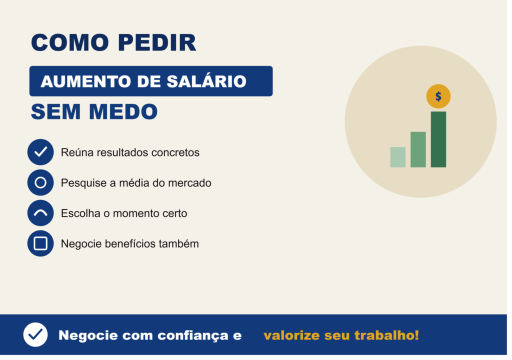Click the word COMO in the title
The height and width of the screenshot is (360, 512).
pyautogui.click(x=70, y=42)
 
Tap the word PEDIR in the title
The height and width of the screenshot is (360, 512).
pyautogui.click(x=157, y=42)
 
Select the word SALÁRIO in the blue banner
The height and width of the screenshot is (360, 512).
pyautogui.click(x=206, y=81)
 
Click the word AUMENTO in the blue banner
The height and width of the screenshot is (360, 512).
pyautogui.click(x=86, y=81)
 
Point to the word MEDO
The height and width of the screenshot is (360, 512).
pyautogui.click(x=123, y=111)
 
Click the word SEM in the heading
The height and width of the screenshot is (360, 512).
pyautogui.click(x=55, y=111)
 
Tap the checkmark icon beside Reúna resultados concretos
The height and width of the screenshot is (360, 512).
pyautogui.click(x=40, y=152)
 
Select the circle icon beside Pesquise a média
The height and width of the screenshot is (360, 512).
pyautogui.click(x=40, y=182)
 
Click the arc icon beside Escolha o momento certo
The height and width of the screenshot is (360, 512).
pyautogui.click(x=40, y=212)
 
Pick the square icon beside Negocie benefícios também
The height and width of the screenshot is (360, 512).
pyautogui.click(x=40, y=243)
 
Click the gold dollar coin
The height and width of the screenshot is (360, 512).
pyautogui.click(x=438, y=96)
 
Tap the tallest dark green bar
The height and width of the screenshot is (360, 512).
pyautogui.click(x=438, y=139)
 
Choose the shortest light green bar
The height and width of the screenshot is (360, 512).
pyautogui.click(x=397, y=157)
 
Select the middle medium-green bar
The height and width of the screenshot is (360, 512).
pyautogui.click(x=418, y=149)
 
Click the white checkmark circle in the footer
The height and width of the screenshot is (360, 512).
pyautogui.click(x=35, y=334)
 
